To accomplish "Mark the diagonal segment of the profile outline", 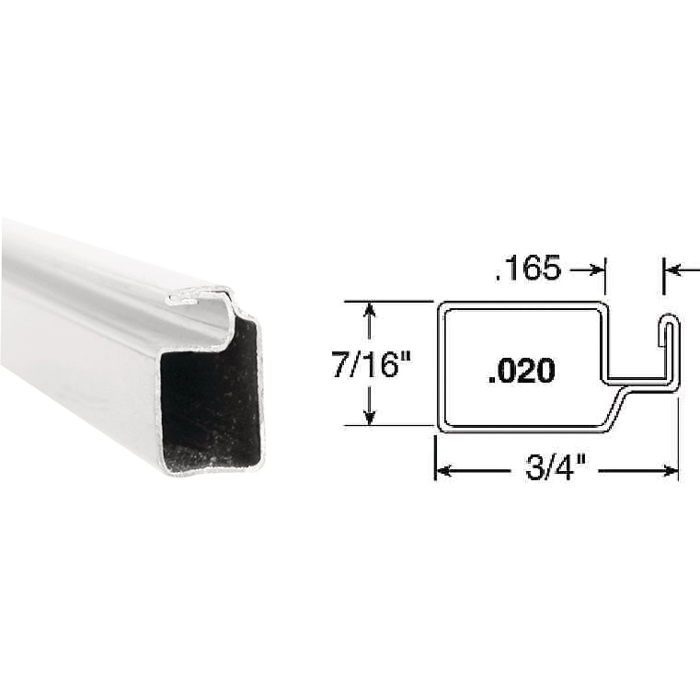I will pyautogui.click(x=620, y=407).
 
